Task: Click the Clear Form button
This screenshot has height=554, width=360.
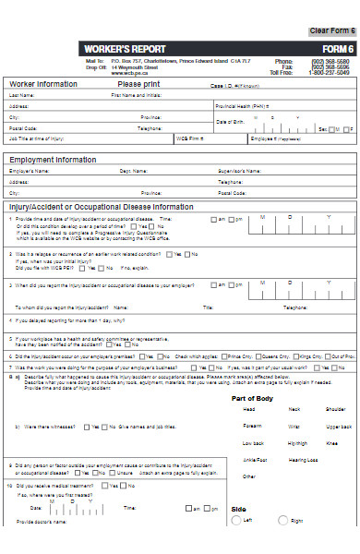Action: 331,31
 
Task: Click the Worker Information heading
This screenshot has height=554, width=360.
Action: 43,84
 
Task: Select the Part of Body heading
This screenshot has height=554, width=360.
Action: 251,398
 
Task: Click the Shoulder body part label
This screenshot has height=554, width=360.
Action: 336,409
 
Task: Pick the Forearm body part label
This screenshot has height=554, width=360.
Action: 252,427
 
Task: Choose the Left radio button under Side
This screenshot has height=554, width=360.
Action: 235,521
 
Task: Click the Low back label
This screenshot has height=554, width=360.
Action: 252,443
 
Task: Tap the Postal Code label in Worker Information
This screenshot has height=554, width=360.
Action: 23,128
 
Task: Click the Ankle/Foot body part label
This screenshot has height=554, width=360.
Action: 255,460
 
